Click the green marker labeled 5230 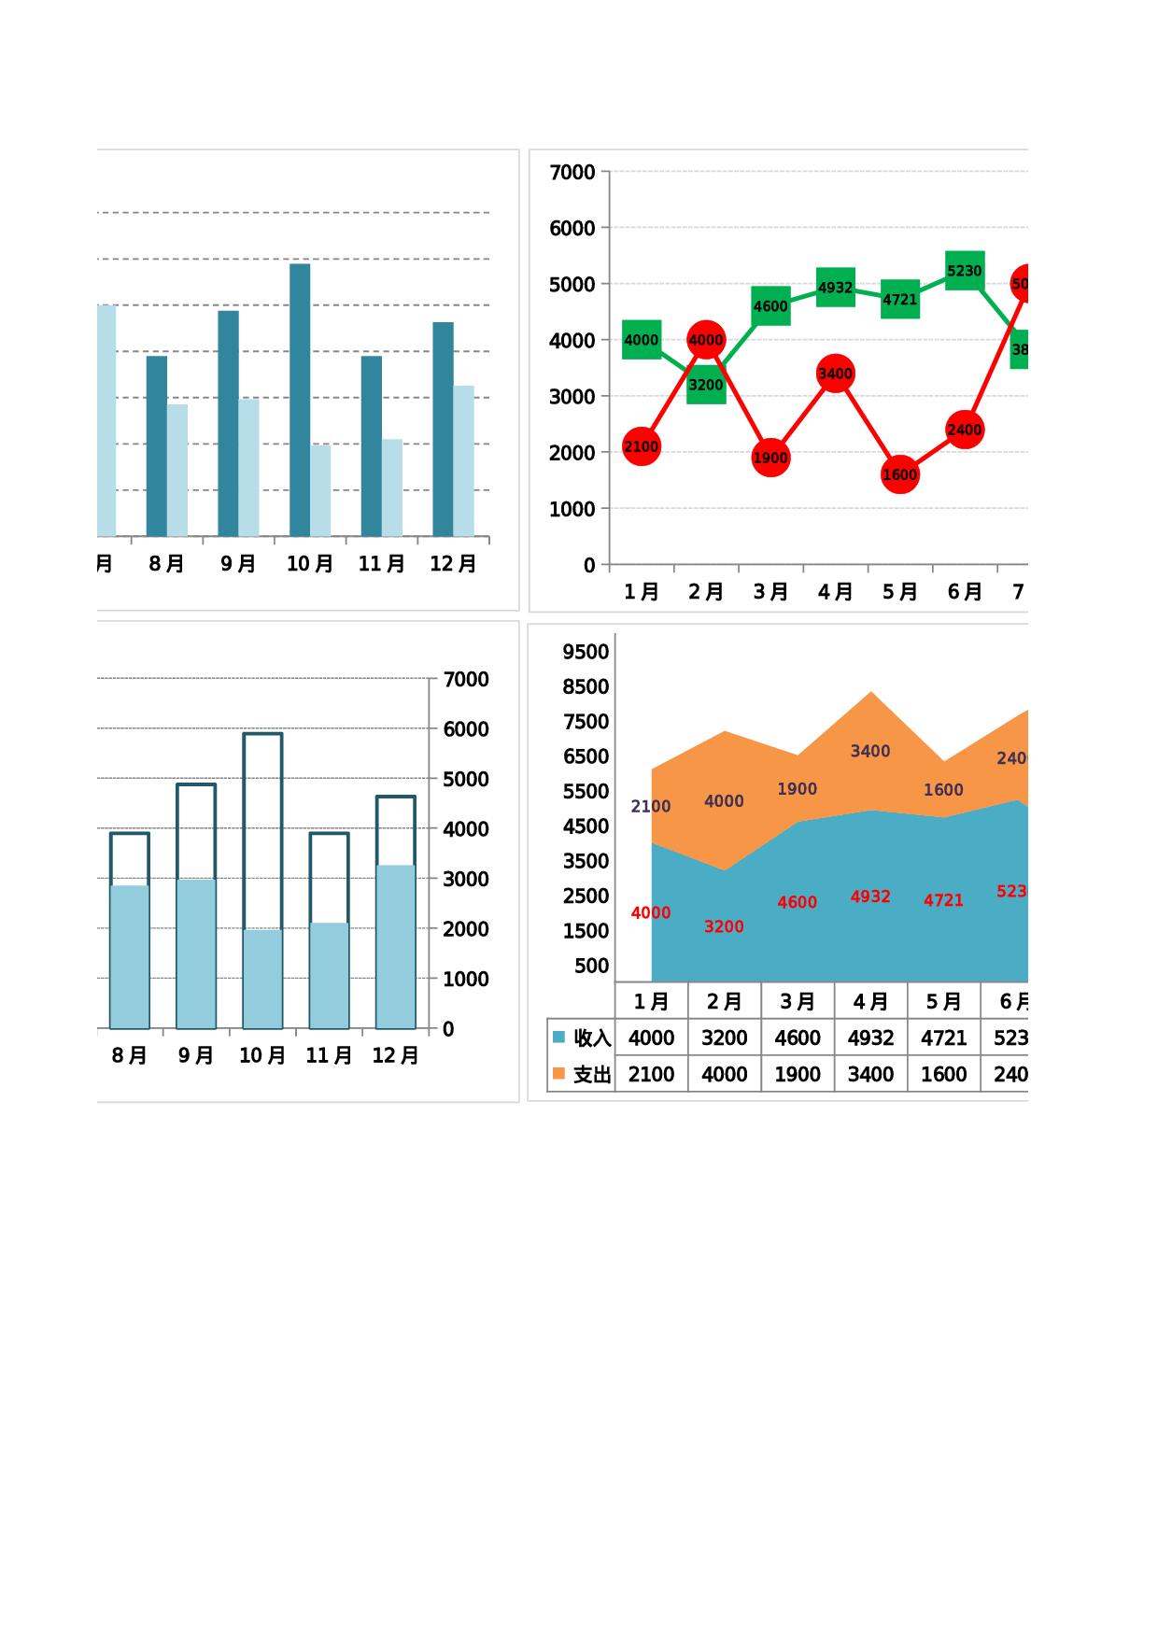point(965,271)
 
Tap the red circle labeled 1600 point(899,474)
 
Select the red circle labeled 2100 point(642,446)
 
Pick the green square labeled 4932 point(835,288)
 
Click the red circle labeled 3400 point(835,374)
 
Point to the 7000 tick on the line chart point(572,173)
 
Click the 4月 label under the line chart point(835,592)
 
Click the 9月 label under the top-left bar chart point(238,564)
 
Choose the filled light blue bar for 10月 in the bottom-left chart point(262,979)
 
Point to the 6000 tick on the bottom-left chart point(466,729)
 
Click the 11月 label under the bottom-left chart point(329,1055)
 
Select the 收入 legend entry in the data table point(582,1038)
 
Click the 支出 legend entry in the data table point(582,1074)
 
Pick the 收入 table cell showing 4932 point(870,1038)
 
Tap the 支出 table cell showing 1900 point(798,1074)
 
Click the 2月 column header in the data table point(725,1001)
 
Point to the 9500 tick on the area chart point(586,652)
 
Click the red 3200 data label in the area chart point(724,926)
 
